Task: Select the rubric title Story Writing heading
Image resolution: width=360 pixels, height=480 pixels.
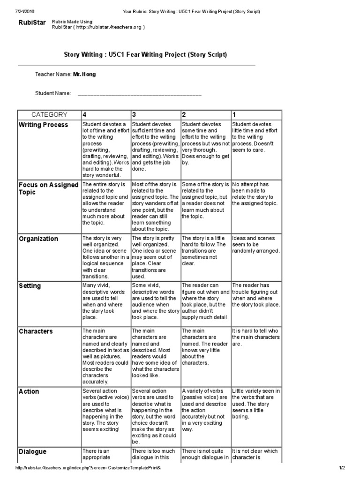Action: (x=145, y=55)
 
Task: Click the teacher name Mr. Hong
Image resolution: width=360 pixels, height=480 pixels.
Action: (x=84, y=75)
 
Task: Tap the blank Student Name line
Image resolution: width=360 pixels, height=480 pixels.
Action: (x=139, y=94)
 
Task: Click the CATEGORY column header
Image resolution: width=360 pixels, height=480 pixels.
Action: (x=49, y=114)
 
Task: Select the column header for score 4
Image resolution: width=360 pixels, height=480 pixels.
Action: (x=84, y=114)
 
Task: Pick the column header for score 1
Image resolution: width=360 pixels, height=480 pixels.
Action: (x=234, y=114)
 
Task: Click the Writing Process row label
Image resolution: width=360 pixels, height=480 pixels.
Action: (x=43, y=125)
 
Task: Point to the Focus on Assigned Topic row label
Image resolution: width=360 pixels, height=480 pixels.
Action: (x=48, y=188)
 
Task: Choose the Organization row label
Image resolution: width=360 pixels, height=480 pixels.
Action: (x=38, y=239)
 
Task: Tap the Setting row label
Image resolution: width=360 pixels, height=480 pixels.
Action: (x=30, y=286)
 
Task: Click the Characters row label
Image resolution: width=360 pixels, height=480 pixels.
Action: (x=36, y=331)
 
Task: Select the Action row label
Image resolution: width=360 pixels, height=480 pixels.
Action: (x=29, y=391)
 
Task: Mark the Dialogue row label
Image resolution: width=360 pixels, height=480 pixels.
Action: (x=33, y=451)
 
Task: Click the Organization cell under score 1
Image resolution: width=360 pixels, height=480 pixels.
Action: (x=256, y=245)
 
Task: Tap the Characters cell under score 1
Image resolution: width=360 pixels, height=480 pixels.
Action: (x=256, y=337)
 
